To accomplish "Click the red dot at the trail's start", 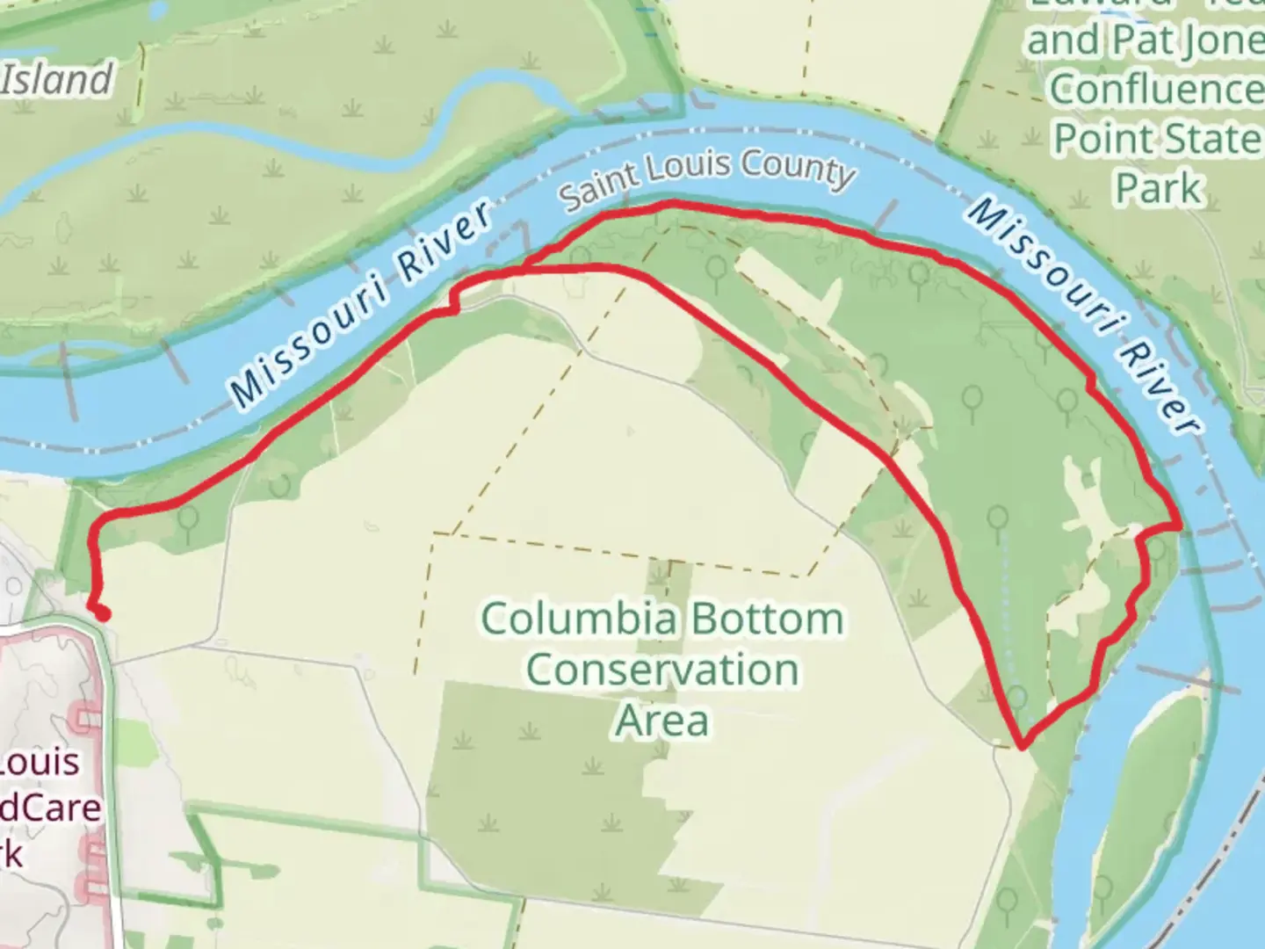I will pos(103,614).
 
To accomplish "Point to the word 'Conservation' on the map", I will pos(662,670).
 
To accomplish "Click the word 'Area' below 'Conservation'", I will pos(662,721).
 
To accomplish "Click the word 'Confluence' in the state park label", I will pos(1156,88).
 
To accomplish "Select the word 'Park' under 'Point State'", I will pos(1158,188).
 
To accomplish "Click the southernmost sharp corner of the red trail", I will pos(1022,748).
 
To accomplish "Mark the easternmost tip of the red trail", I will pos(1178,525).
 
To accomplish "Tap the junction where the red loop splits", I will pos(524,272).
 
